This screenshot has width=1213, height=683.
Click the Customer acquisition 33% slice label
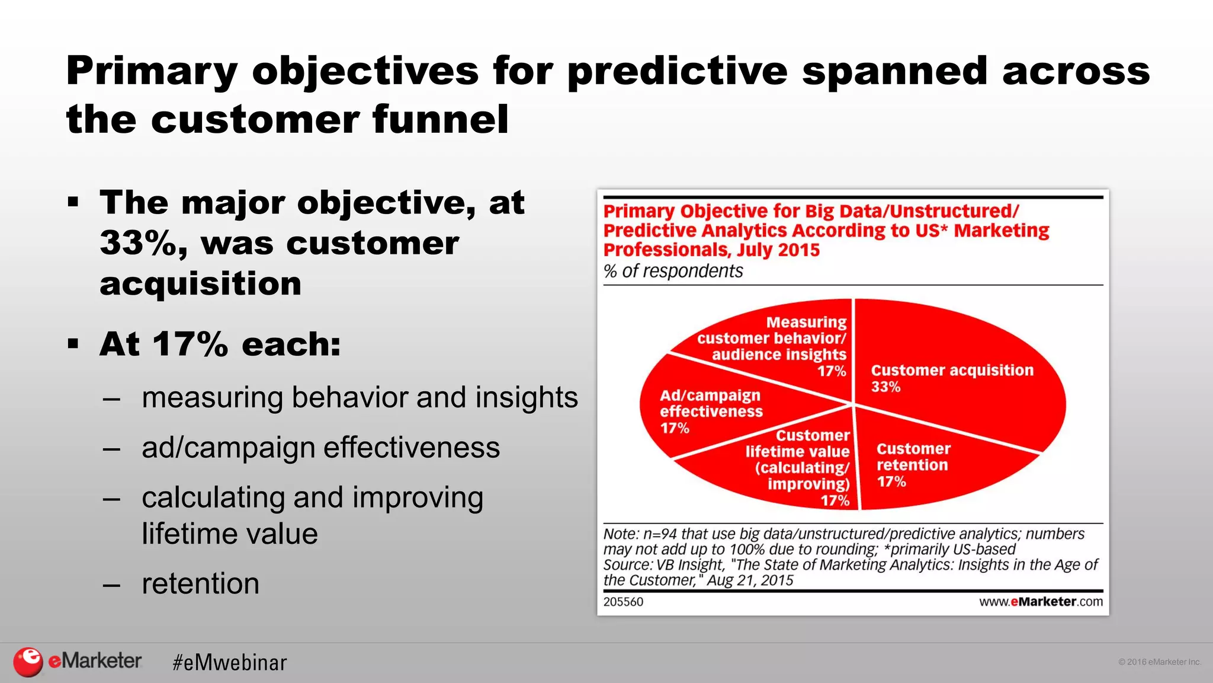(951, 378)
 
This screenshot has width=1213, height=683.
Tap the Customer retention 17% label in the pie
(913, 465)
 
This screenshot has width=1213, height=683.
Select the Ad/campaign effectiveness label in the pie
(711, 411)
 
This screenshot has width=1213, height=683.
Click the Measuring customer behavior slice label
(776, 346)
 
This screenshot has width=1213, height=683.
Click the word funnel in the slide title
(440, 119)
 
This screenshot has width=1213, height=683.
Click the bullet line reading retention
(200, 583)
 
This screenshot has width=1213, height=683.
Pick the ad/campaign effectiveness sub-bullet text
(320, 448)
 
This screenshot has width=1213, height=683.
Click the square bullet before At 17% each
(73, 344)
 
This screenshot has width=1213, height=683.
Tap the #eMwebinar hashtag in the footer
(229, 662)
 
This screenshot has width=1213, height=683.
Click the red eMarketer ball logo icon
(28, 662)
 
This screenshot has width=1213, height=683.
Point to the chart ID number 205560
(623, 602)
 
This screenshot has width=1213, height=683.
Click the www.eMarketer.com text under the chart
(1041, 602)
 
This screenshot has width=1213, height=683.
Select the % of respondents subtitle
(673, 271)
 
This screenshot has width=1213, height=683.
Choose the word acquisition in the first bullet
(200, 283)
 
